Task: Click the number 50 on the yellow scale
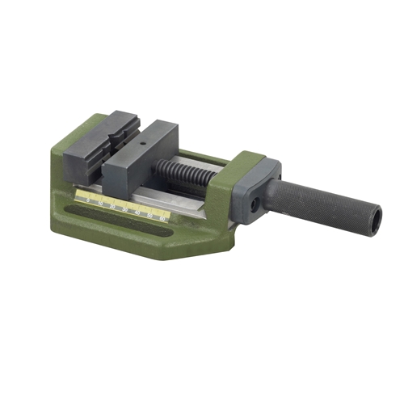pos(151,215)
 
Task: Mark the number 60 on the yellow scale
pos(163,218)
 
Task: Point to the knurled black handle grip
pos(323,207)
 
